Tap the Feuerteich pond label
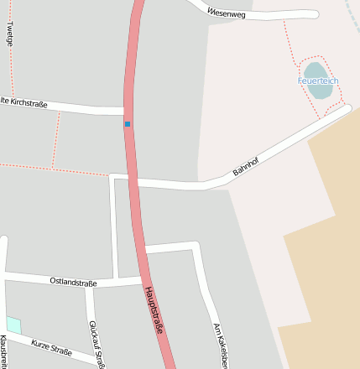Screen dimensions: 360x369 [x=317, y=81]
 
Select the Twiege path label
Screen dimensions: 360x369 [x=10, y=32]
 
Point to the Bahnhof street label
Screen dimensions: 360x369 [x=245, y=165]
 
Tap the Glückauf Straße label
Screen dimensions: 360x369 [x=97, y=344]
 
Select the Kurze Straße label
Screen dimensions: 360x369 [x=52, y=346]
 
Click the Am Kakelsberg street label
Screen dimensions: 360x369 [x=220, y=344]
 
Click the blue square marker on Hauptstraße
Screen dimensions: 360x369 [x=128, y=124]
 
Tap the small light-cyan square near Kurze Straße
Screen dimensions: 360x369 [x=13, y=325]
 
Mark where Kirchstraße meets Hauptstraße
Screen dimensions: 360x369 [x=127, y=111]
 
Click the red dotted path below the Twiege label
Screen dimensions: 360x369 [x=12, y=67]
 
